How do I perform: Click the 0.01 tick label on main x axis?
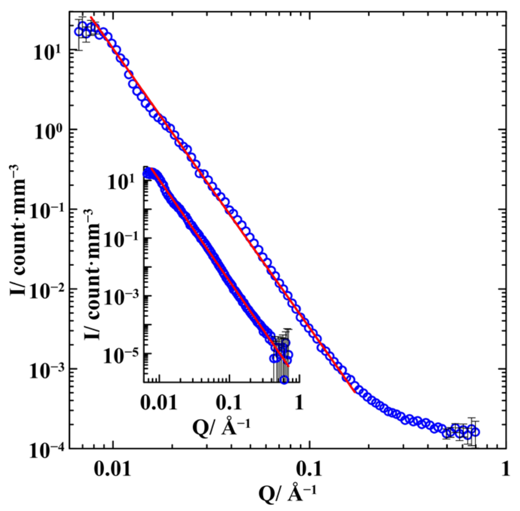point(113,469)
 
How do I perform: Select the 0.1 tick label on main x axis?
point(309,469)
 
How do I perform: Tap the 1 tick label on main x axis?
point(505,469)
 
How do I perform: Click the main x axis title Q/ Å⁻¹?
point(287,494)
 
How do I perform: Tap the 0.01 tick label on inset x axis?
point(159,403)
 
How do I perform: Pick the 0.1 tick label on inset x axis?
point(229,403)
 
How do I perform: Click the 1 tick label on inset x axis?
point(299,403)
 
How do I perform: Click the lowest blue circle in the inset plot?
point(284,380)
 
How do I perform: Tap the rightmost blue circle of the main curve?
point(475,432)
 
